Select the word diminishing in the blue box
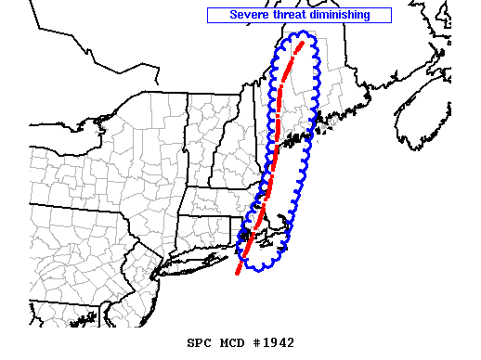(x=339, y=15)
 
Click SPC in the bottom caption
(x=198, y=342)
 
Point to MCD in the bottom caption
(x=227, y=342)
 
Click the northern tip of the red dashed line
(x=301, y=43)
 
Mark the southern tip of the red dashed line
(x=238, y=274)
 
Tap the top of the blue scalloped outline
(x=303, y=35)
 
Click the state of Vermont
(x=201, y=130)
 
